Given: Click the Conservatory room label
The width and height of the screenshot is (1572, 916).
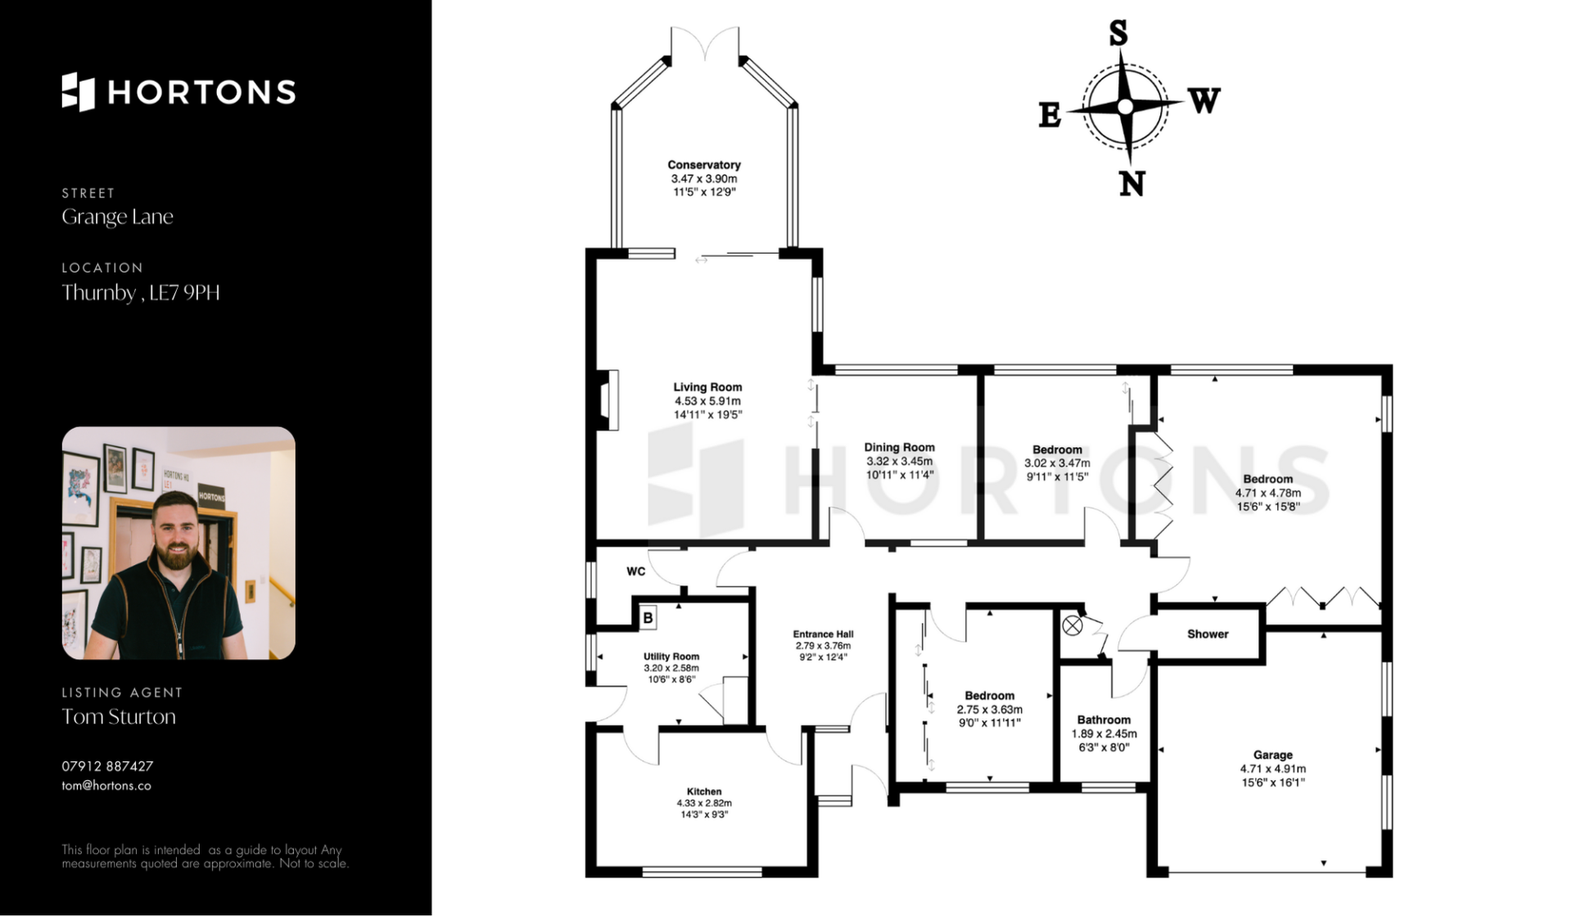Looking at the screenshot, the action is (x=704, y=165).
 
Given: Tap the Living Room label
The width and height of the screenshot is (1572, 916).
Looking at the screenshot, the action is (x=707, y=387).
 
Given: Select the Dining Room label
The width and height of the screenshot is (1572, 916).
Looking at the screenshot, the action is (x=899, y=448).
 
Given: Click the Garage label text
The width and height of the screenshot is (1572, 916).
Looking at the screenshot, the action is (x=1272, y=755).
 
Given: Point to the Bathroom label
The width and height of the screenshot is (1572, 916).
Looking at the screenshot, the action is (x=1104, y=720).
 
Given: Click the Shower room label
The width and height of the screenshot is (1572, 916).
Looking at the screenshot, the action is (x=1208, y=634).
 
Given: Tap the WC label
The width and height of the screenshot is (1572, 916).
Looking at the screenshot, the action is (x=636, y=571).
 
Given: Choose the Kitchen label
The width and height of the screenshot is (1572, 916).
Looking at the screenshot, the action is (x=704, y=792).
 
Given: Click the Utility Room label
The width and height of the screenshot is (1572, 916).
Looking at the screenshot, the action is (x=671, y=657).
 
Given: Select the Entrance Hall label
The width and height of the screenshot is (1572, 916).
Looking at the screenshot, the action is (x=823, y=634).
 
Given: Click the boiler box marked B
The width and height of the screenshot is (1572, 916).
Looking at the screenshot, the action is (x=648, y=618).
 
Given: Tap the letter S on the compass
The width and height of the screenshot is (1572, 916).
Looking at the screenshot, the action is (x=1118, y=34).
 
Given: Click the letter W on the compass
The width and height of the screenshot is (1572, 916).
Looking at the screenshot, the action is (x=1204, y=101).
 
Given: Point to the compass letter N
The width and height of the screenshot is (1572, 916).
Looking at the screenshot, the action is (x=1132, y=183).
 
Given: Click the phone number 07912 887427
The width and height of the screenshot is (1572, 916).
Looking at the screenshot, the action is (x=107, y=766).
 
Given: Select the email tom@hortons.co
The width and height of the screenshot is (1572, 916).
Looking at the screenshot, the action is (x=106, y=786).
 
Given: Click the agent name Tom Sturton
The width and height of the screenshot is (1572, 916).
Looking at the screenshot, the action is (x=119, y=716).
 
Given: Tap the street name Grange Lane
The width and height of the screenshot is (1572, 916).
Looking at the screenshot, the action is (x=117, y=217).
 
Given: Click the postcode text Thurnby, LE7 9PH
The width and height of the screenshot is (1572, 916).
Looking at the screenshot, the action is (x=141, y=292).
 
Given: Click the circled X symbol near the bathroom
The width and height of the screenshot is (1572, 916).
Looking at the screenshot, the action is (x=1073, y=626).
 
